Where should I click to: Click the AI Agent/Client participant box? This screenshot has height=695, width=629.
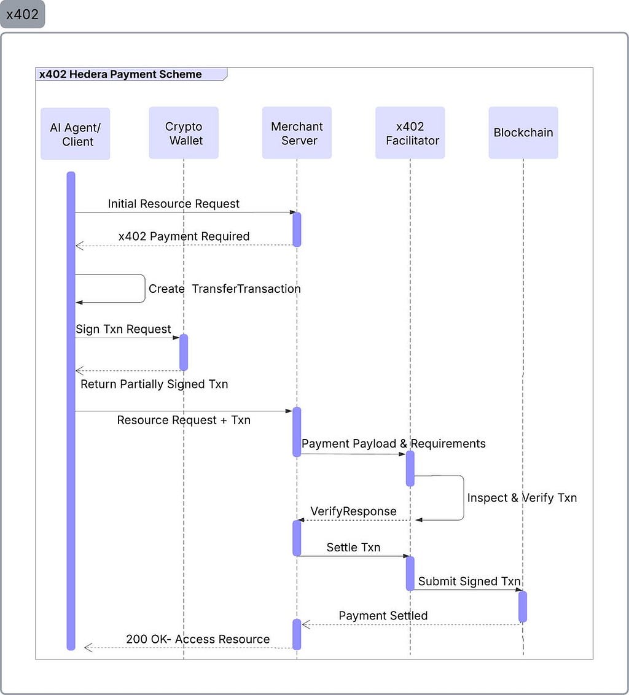point(76,134)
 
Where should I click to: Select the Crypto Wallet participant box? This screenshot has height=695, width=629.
point(184,133)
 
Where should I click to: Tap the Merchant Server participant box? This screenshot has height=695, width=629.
point(297,133)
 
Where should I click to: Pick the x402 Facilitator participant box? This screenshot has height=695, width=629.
point(410,133)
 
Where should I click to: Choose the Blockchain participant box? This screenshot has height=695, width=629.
point(523,133)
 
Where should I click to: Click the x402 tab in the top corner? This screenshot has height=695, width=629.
point(22,14)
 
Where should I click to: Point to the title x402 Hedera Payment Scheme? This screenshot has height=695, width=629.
point(120,74)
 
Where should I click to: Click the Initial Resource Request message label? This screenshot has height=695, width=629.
point(173,203)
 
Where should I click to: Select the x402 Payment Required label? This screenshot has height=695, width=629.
point(184,236)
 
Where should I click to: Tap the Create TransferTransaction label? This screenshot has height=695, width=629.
point(224,289)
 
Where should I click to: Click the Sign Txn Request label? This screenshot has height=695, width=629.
point(123,329)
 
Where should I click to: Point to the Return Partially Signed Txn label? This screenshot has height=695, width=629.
point(154,384)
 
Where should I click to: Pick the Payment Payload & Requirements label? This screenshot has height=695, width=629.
point(394,444)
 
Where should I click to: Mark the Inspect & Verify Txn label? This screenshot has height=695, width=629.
point(522,498)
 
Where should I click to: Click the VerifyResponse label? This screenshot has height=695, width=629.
point(354,511)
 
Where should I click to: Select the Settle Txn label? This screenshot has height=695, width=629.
point(354,548)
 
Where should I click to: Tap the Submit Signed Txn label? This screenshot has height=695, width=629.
point(469,581)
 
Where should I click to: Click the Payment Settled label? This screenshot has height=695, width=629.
point(383,616)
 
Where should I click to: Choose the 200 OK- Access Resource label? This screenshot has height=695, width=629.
point(198,639)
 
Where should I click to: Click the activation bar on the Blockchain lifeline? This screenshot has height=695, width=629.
point(523,607)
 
